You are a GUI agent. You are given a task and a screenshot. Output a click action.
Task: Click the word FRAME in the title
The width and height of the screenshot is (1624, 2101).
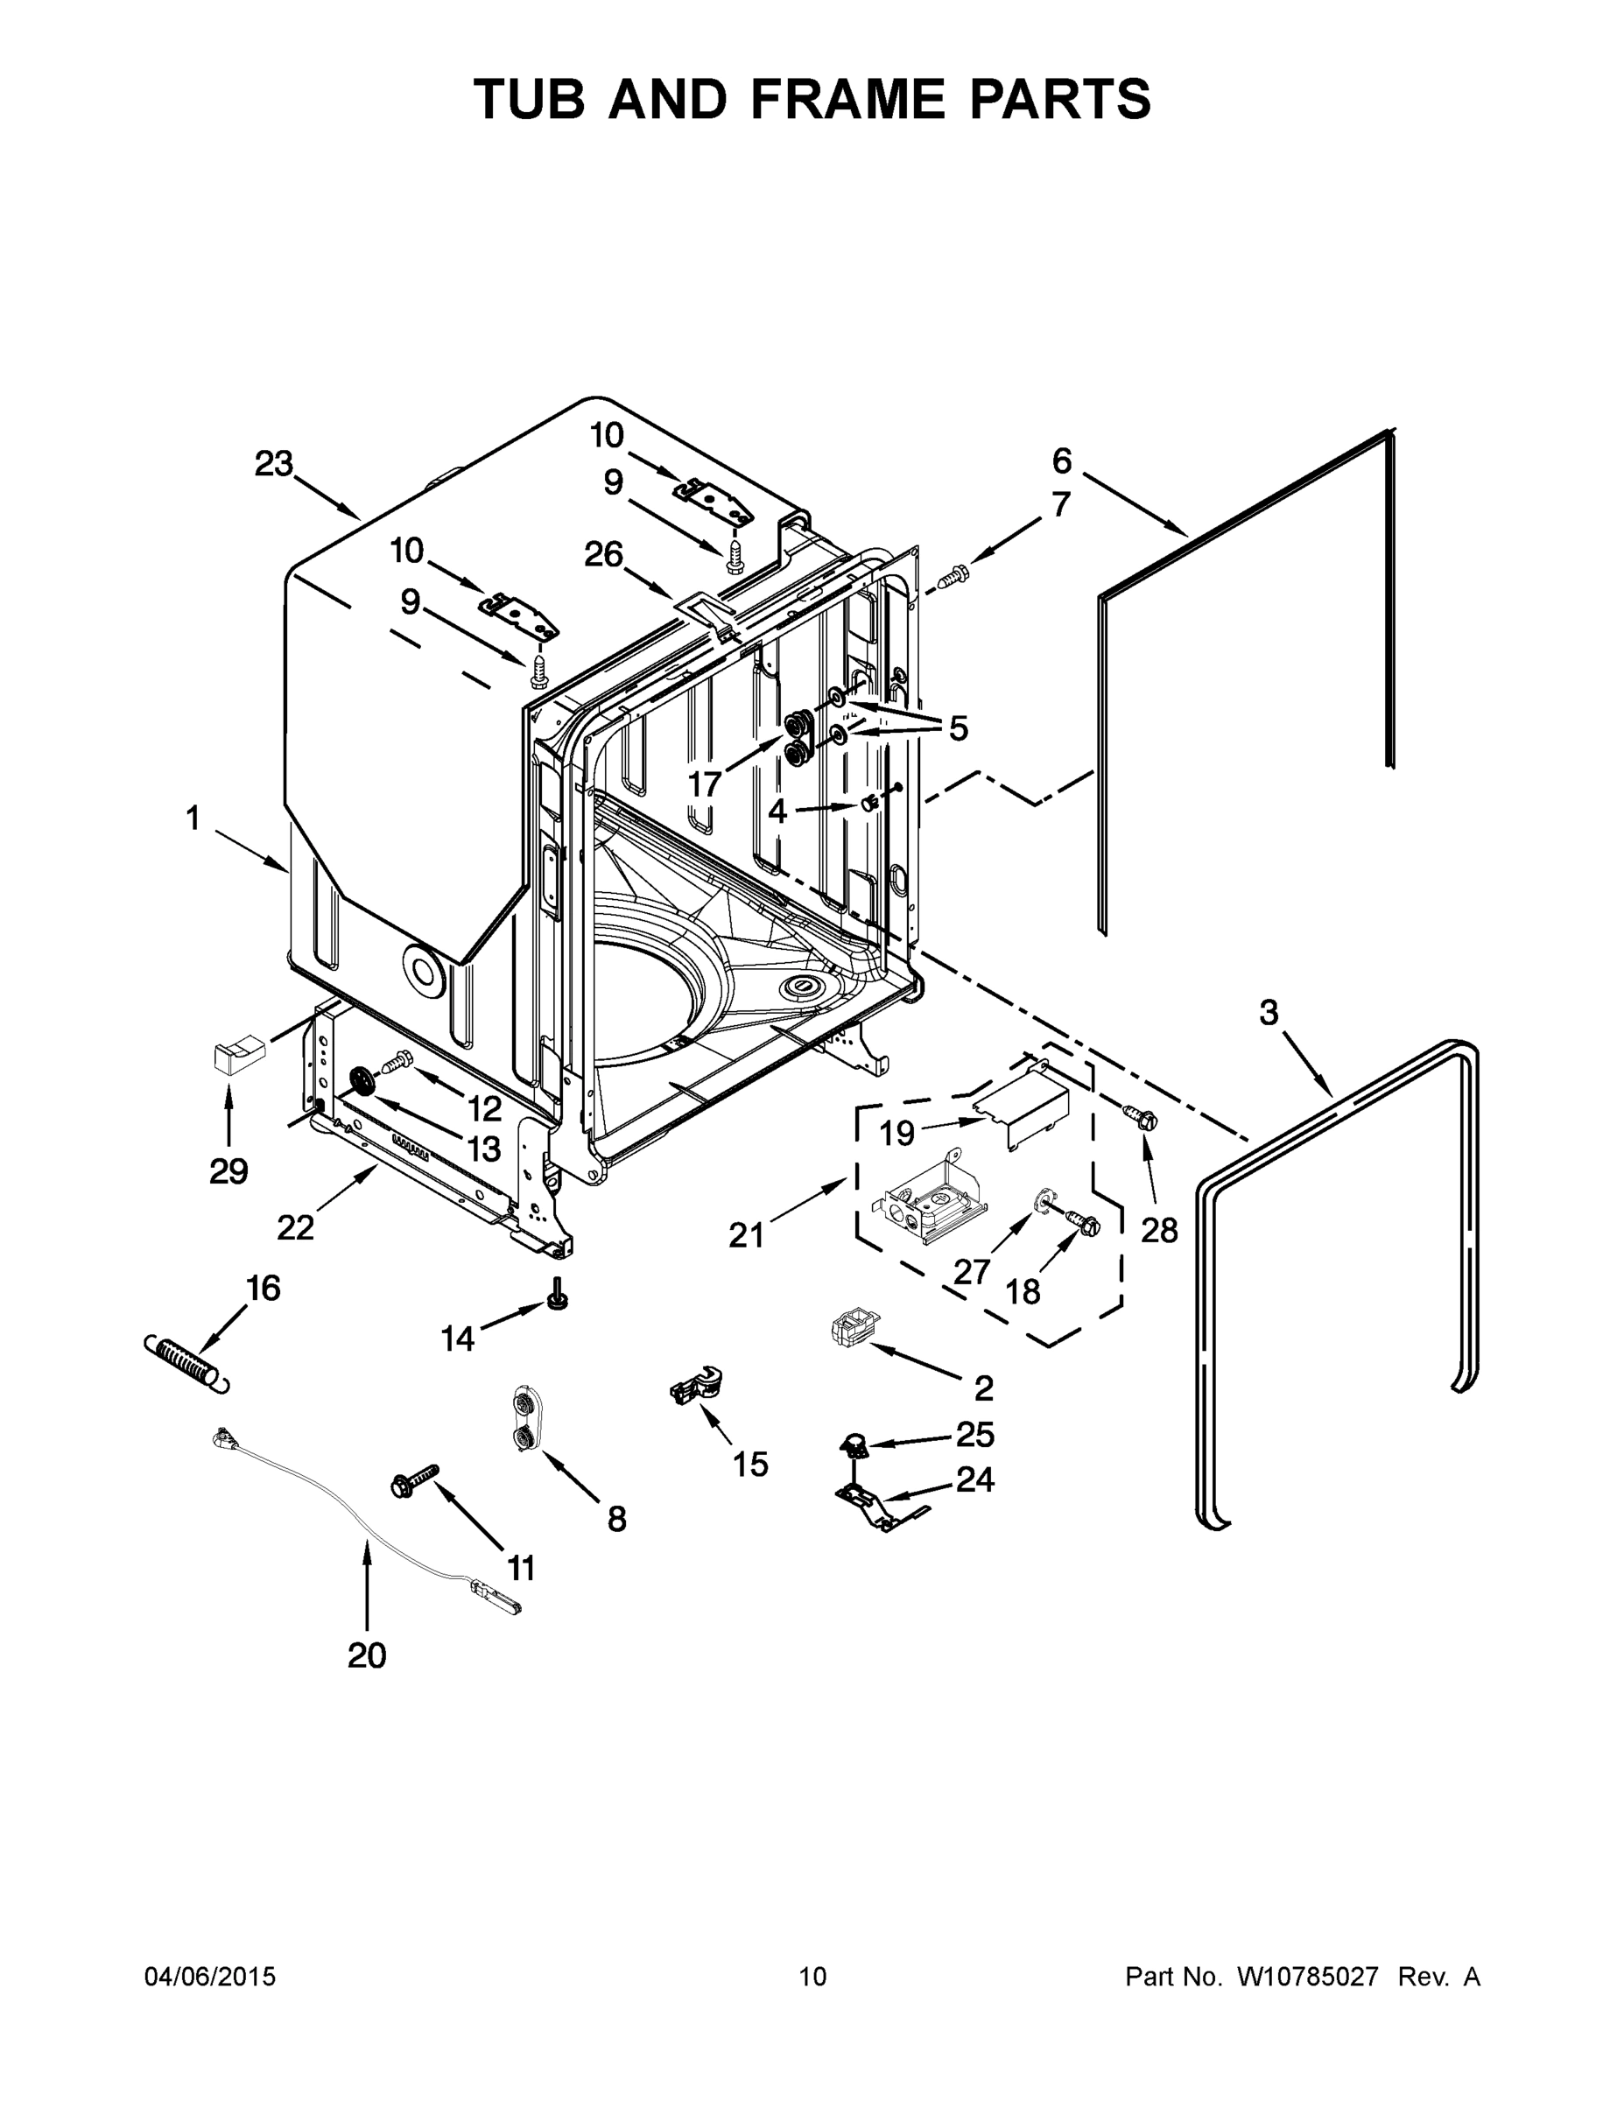point(847,98)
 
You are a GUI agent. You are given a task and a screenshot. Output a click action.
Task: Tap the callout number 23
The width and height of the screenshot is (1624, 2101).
point(274,464)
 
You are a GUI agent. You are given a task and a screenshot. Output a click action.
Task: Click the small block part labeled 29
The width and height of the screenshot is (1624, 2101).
point(237,1054)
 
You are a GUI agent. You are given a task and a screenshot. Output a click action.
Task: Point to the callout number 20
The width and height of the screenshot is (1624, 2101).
point(367,1655)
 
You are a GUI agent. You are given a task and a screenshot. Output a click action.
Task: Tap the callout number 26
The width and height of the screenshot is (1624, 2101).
point(604,554)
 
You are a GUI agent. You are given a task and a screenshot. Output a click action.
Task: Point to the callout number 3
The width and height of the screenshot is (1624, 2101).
point(1269,1012)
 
